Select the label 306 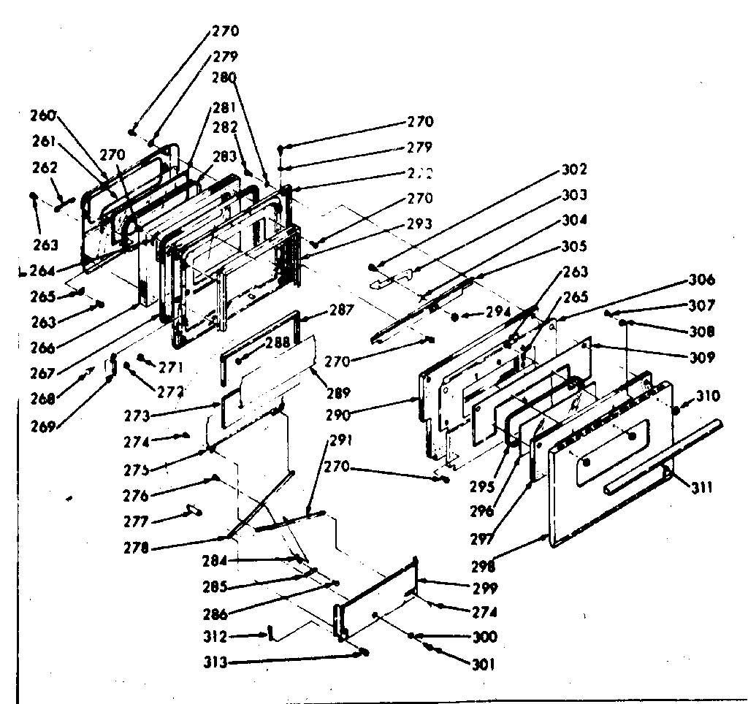click(701, 280)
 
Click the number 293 click(421, 223)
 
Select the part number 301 click(484, 664)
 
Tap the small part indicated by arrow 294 click(455, 317)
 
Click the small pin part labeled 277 click(194, 509)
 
